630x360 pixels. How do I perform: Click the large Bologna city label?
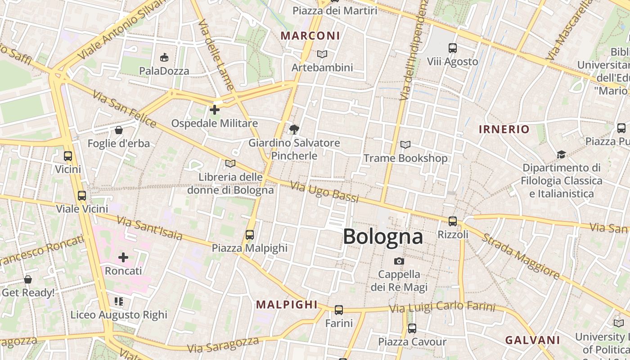click(383, 237)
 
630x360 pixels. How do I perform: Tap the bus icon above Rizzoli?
click(452, 221)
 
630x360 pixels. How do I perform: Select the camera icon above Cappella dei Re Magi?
click(399, 261)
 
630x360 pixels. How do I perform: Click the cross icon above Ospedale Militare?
click(215, 109)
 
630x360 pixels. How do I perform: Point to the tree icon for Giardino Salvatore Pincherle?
click(294, 130)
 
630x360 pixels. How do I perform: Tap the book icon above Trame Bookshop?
click(405, 144)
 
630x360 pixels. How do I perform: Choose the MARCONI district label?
click(310, 36)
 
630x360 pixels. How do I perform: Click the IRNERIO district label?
click(504, 130)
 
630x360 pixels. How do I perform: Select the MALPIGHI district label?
click(287, 305)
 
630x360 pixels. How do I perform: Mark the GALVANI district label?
click(532, 340)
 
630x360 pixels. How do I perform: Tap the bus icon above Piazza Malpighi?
click(249, 234)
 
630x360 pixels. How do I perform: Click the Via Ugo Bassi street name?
click(324, 192)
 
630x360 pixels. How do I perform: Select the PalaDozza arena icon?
click(164, 57)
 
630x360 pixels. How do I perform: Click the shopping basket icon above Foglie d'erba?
click(118, 130)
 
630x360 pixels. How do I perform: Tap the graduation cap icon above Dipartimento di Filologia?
click(561, 154)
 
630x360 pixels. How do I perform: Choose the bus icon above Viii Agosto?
click(452, 48)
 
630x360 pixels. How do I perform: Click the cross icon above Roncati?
click(123, 257)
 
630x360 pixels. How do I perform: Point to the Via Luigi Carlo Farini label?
click(442, 307)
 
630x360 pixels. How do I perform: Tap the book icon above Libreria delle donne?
click(230, 163)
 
